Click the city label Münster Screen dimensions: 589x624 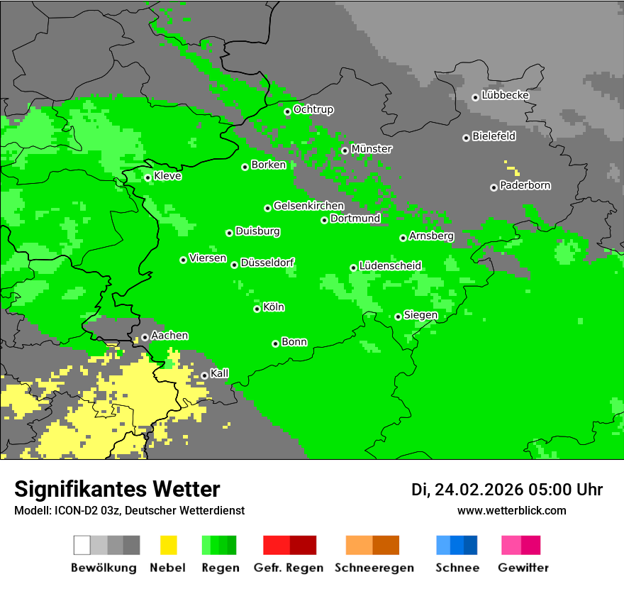372,149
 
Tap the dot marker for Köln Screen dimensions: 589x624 257,309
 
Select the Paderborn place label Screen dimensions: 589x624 525,186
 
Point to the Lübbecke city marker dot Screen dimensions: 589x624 475,97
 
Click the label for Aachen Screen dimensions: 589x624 169,336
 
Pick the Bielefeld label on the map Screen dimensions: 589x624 494,136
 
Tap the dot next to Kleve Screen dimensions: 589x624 147,177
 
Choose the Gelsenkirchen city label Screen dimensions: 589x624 308,207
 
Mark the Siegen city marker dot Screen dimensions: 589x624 398,316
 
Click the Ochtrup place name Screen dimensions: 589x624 313,110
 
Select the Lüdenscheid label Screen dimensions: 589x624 390,266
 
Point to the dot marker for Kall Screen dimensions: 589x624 204,375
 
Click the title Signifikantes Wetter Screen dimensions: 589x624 117,490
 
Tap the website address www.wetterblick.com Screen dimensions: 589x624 511,511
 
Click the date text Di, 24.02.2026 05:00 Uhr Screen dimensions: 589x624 507,490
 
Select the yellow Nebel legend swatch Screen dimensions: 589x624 168,545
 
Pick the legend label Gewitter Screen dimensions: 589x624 523,568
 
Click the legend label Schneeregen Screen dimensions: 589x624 374,568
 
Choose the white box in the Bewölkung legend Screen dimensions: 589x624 82,545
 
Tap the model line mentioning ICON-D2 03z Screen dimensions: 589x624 129,511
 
